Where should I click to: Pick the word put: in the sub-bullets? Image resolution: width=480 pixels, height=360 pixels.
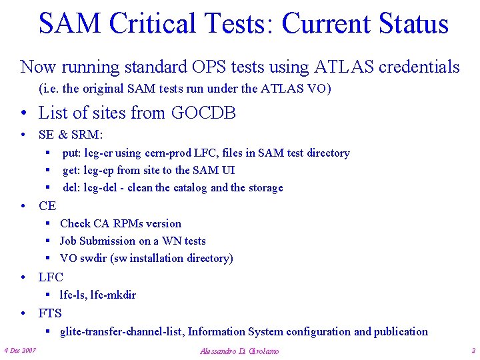point(73,153)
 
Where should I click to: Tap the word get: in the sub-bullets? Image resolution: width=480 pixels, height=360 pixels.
point(72,171)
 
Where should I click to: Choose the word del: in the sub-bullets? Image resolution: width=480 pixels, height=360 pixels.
point(72,188)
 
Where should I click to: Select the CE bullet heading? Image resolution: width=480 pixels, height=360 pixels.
point(47,206)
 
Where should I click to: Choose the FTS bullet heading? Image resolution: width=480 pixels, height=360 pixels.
point(50,313)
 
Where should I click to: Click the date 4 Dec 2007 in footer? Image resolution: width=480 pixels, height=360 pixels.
point(20,350)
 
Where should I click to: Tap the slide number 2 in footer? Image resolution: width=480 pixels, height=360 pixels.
point(473,350)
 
